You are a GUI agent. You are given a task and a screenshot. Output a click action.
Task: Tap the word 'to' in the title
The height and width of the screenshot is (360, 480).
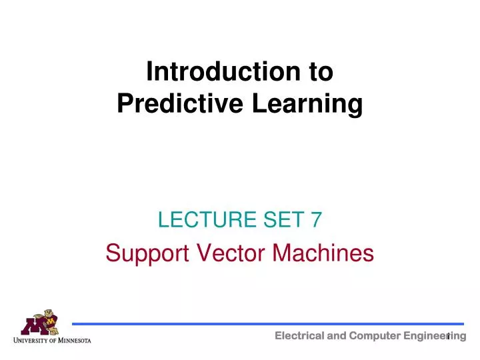316,72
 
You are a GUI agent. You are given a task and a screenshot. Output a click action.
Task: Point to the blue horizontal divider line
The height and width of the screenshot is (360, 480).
267,324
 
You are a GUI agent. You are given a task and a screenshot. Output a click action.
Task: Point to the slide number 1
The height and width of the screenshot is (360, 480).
450,335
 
